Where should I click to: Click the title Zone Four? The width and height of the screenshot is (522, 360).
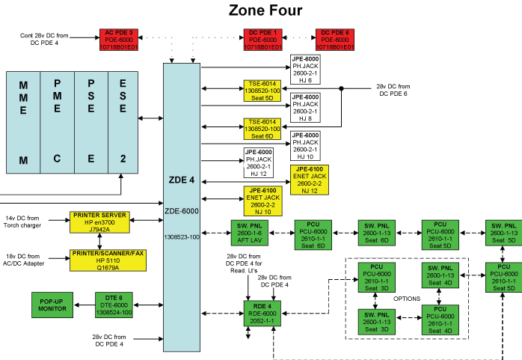(x=265, y=10)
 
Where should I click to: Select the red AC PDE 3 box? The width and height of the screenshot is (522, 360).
(x=120, y=38)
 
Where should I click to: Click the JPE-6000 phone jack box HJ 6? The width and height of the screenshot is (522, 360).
(x=306, y=70)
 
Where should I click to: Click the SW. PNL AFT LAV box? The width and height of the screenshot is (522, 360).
(x=245, y=233)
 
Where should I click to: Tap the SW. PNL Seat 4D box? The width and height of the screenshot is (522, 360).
(x=440, y=276)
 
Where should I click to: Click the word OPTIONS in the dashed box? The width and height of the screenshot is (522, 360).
(x=408, y=299)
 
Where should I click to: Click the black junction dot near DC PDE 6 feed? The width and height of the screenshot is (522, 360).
(x=342, y=89)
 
